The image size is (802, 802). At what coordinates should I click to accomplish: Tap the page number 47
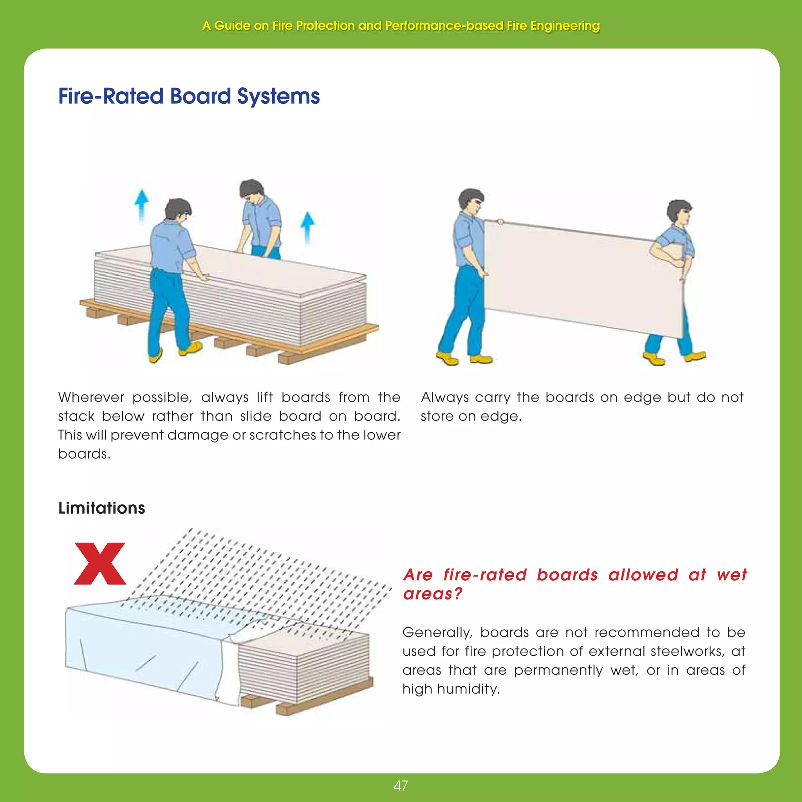[x=401, y=786]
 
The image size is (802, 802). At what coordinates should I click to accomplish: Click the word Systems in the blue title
[x=278, y=96]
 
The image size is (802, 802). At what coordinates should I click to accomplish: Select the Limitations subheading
[x=102, y=508]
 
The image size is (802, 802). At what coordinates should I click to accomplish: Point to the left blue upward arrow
[x=141, y=203]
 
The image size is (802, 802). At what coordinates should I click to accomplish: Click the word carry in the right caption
[x=492, y=397]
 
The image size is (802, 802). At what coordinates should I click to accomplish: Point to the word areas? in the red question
[x=432, y=594]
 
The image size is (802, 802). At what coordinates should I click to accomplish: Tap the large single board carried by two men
[x=581, y=278]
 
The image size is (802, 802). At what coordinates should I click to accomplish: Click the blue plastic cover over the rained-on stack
[x=141, y=648]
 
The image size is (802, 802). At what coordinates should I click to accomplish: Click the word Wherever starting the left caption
[x=91, y=397]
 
